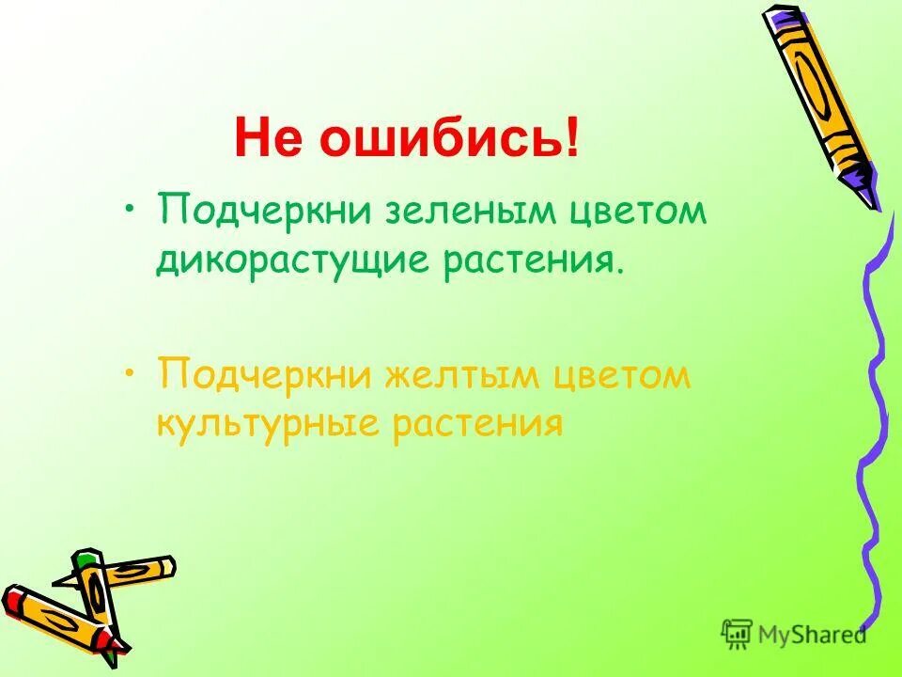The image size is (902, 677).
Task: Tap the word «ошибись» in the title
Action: (x=438, y=139)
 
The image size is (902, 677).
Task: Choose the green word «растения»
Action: (x=532, y=258)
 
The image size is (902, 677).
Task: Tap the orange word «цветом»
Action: (x=623, y=377)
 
